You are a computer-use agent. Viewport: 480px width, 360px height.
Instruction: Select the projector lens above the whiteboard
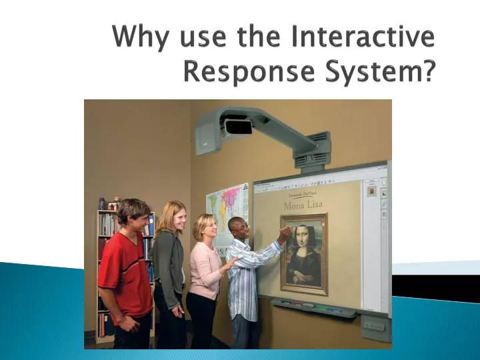click(x=238, y=127)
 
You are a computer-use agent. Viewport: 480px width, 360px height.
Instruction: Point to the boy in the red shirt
click(x=125, y=267)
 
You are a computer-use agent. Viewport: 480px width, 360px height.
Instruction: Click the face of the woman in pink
click(x=205, y=229)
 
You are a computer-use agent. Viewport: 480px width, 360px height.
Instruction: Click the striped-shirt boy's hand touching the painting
click(x=285, y=233)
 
